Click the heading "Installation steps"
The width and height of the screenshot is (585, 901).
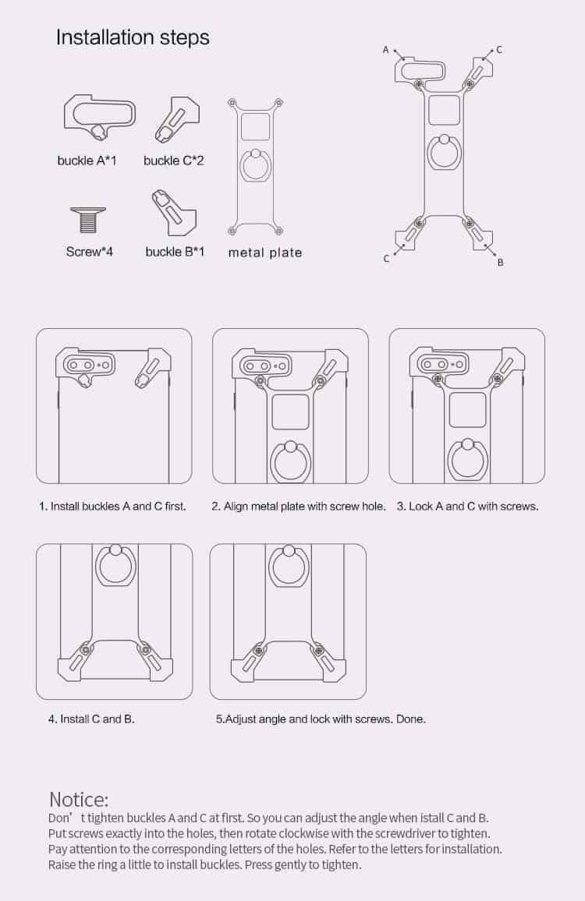[133, 38]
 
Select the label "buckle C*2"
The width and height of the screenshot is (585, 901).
[173, 161]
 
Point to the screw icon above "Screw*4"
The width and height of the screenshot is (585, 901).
[88, 220]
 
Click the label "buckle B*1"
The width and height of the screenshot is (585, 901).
[175, 252]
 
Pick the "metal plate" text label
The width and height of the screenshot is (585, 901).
[265, 253]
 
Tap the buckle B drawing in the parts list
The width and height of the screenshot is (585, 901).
[175, 213]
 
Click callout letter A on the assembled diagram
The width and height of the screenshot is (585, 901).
[386, 50]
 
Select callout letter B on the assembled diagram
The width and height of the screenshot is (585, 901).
[501, 263]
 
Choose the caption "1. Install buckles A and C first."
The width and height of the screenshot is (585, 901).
[113, 507]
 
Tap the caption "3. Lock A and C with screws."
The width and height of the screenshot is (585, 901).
[468, 507]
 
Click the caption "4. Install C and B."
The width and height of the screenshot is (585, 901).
[91, 719]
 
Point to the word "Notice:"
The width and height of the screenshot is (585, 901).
[79, 800]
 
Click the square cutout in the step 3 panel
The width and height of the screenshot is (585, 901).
[467, 410]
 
